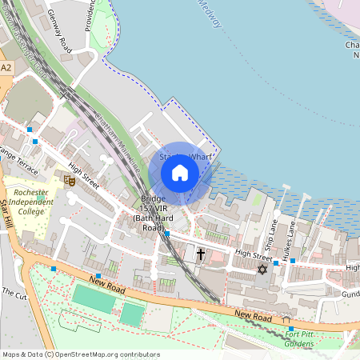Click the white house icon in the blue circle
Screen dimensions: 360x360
(x=180, y=173)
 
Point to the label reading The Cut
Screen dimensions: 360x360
(x=14, y=293)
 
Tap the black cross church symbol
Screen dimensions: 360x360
(x=200, y=254)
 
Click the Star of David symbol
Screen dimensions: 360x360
(x=261, y=269)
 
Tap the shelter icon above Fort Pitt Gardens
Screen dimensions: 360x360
(x=287, y=319)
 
